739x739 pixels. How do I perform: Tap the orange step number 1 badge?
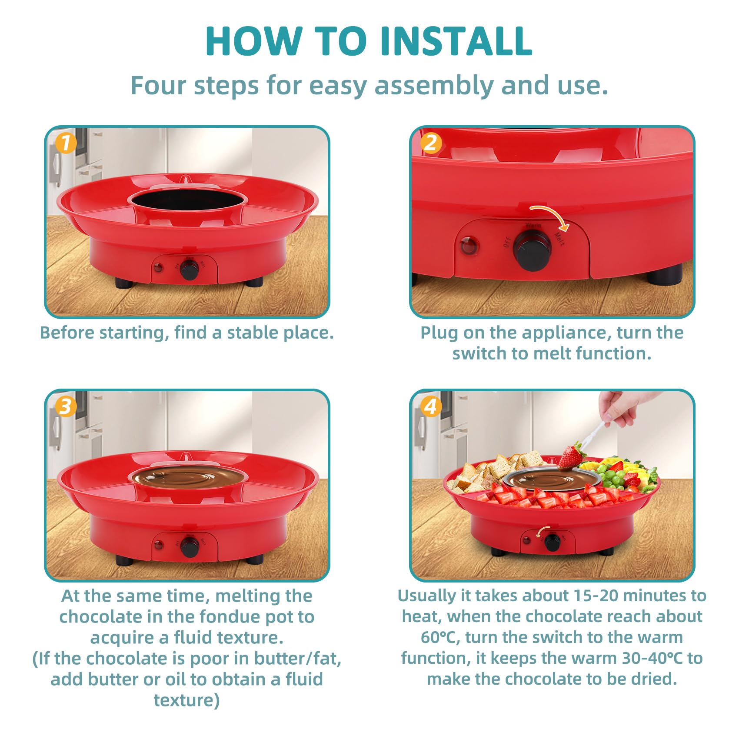coord(66,143)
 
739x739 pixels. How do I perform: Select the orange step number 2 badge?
coord(431,143)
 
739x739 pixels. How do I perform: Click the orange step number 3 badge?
coord(66,406)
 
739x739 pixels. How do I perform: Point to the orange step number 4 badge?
coord(430,406)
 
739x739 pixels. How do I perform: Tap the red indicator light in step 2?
coord(469,246)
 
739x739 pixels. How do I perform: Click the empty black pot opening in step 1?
coord(187,200)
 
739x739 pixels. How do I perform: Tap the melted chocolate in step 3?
coord(187,478)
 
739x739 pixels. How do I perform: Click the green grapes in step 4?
coord(610,476)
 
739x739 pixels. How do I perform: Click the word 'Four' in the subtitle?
coord(159,85)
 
